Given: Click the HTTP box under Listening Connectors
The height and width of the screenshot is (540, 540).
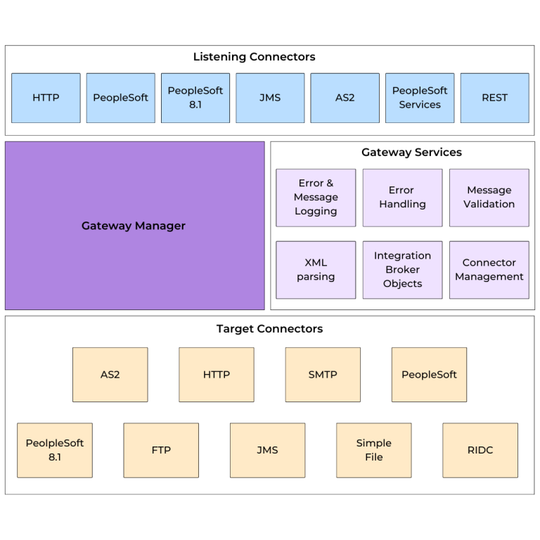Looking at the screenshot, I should [46, 98].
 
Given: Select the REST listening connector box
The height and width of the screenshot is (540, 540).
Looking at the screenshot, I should [494, 98].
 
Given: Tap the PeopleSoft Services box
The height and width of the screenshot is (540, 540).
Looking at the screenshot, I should [420, 98].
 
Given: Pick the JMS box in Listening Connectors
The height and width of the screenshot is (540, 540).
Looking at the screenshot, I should [270, 98].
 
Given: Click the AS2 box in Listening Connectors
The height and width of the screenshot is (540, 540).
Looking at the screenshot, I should [345, 98].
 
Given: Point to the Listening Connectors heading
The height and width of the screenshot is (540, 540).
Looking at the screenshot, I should [254, 57].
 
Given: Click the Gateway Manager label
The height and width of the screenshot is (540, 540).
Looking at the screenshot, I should [134, 226].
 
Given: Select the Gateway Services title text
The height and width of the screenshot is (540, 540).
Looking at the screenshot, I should [411, 152].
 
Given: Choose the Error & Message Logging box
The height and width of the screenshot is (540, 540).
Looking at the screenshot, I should [316, 198].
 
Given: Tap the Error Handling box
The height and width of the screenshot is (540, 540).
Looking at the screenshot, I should [402, 198].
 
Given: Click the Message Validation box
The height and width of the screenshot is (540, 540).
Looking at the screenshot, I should [489, 198].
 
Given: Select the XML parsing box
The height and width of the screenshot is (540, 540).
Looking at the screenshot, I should [316, 270].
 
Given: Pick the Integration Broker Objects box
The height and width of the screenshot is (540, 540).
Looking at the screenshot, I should [402, 270].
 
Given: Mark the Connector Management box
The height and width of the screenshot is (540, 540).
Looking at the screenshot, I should [489, 270].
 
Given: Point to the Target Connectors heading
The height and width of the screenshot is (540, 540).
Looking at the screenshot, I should [269, 329].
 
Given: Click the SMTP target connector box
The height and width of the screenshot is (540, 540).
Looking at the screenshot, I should [323, 375].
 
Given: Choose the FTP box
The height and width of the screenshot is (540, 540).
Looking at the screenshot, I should [161, 450].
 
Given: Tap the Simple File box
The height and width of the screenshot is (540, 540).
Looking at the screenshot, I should [373, 450].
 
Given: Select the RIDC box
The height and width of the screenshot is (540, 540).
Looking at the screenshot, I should [480, 450].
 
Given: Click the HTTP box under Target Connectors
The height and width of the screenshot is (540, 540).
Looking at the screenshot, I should [217, 375].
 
